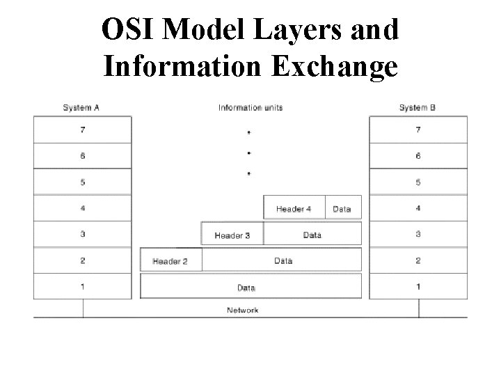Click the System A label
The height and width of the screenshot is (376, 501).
81,107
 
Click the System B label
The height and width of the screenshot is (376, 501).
417,107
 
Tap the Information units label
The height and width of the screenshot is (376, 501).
250,107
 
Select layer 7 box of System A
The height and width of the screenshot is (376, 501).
82,130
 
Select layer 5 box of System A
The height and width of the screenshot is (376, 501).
82,182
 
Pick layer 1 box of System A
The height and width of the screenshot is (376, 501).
82,286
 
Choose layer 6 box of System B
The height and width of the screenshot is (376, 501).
417,156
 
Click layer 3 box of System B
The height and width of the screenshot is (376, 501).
417,234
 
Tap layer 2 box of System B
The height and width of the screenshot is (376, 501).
417,260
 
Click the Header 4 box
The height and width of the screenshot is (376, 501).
294,208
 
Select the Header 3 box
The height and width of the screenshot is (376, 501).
232,235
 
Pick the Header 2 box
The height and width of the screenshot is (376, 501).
171,260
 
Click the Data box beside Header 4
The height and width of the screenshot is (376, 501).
342,208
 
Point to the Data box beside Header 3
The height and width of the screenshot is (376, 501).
312,235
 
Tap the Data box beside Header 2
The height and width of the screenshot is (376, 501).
283,260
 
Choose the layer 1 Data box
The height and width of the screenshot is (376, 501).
250,286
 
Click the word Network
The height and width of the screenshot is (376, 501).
243,310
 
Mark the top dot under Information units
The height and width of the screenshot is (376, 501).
249,131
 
